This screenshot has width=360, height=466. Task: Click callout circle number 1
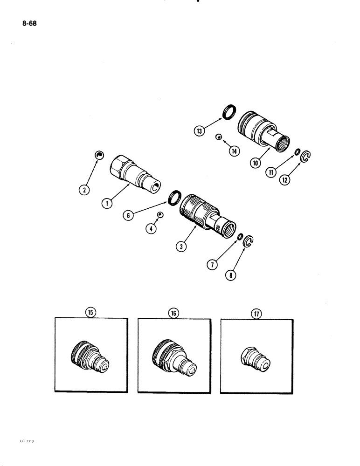[107, 203]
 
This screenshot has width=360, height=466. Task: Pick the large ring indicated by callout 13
[230, 113]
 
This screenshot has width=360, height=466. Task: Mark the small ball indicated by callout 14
[218, 137]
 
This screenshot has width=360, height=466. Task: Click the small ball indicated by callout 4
[160, 215]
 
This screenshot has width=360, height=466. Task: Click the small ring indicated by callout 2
[98, 155]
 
